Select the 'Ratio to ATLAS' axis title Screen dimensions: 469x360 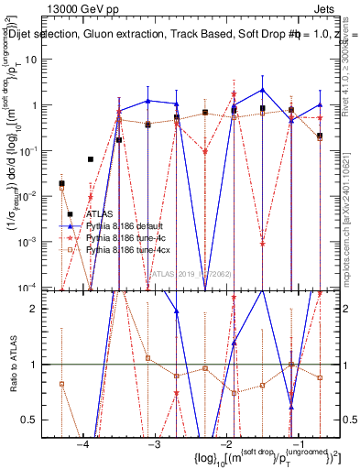(x=12, y=365)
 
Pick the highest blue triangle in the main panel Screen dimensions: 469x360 (x=263, y=90)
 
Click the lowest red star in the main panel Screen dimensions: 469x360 (x=263, y=244)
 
